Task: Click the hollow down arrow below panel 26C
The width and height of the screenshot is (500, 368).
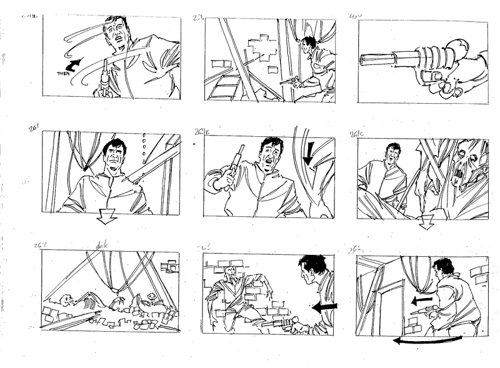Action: pos(426,222)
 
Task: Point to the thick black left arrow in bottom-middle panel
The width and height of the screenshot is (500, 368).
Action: pos(324,307)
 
